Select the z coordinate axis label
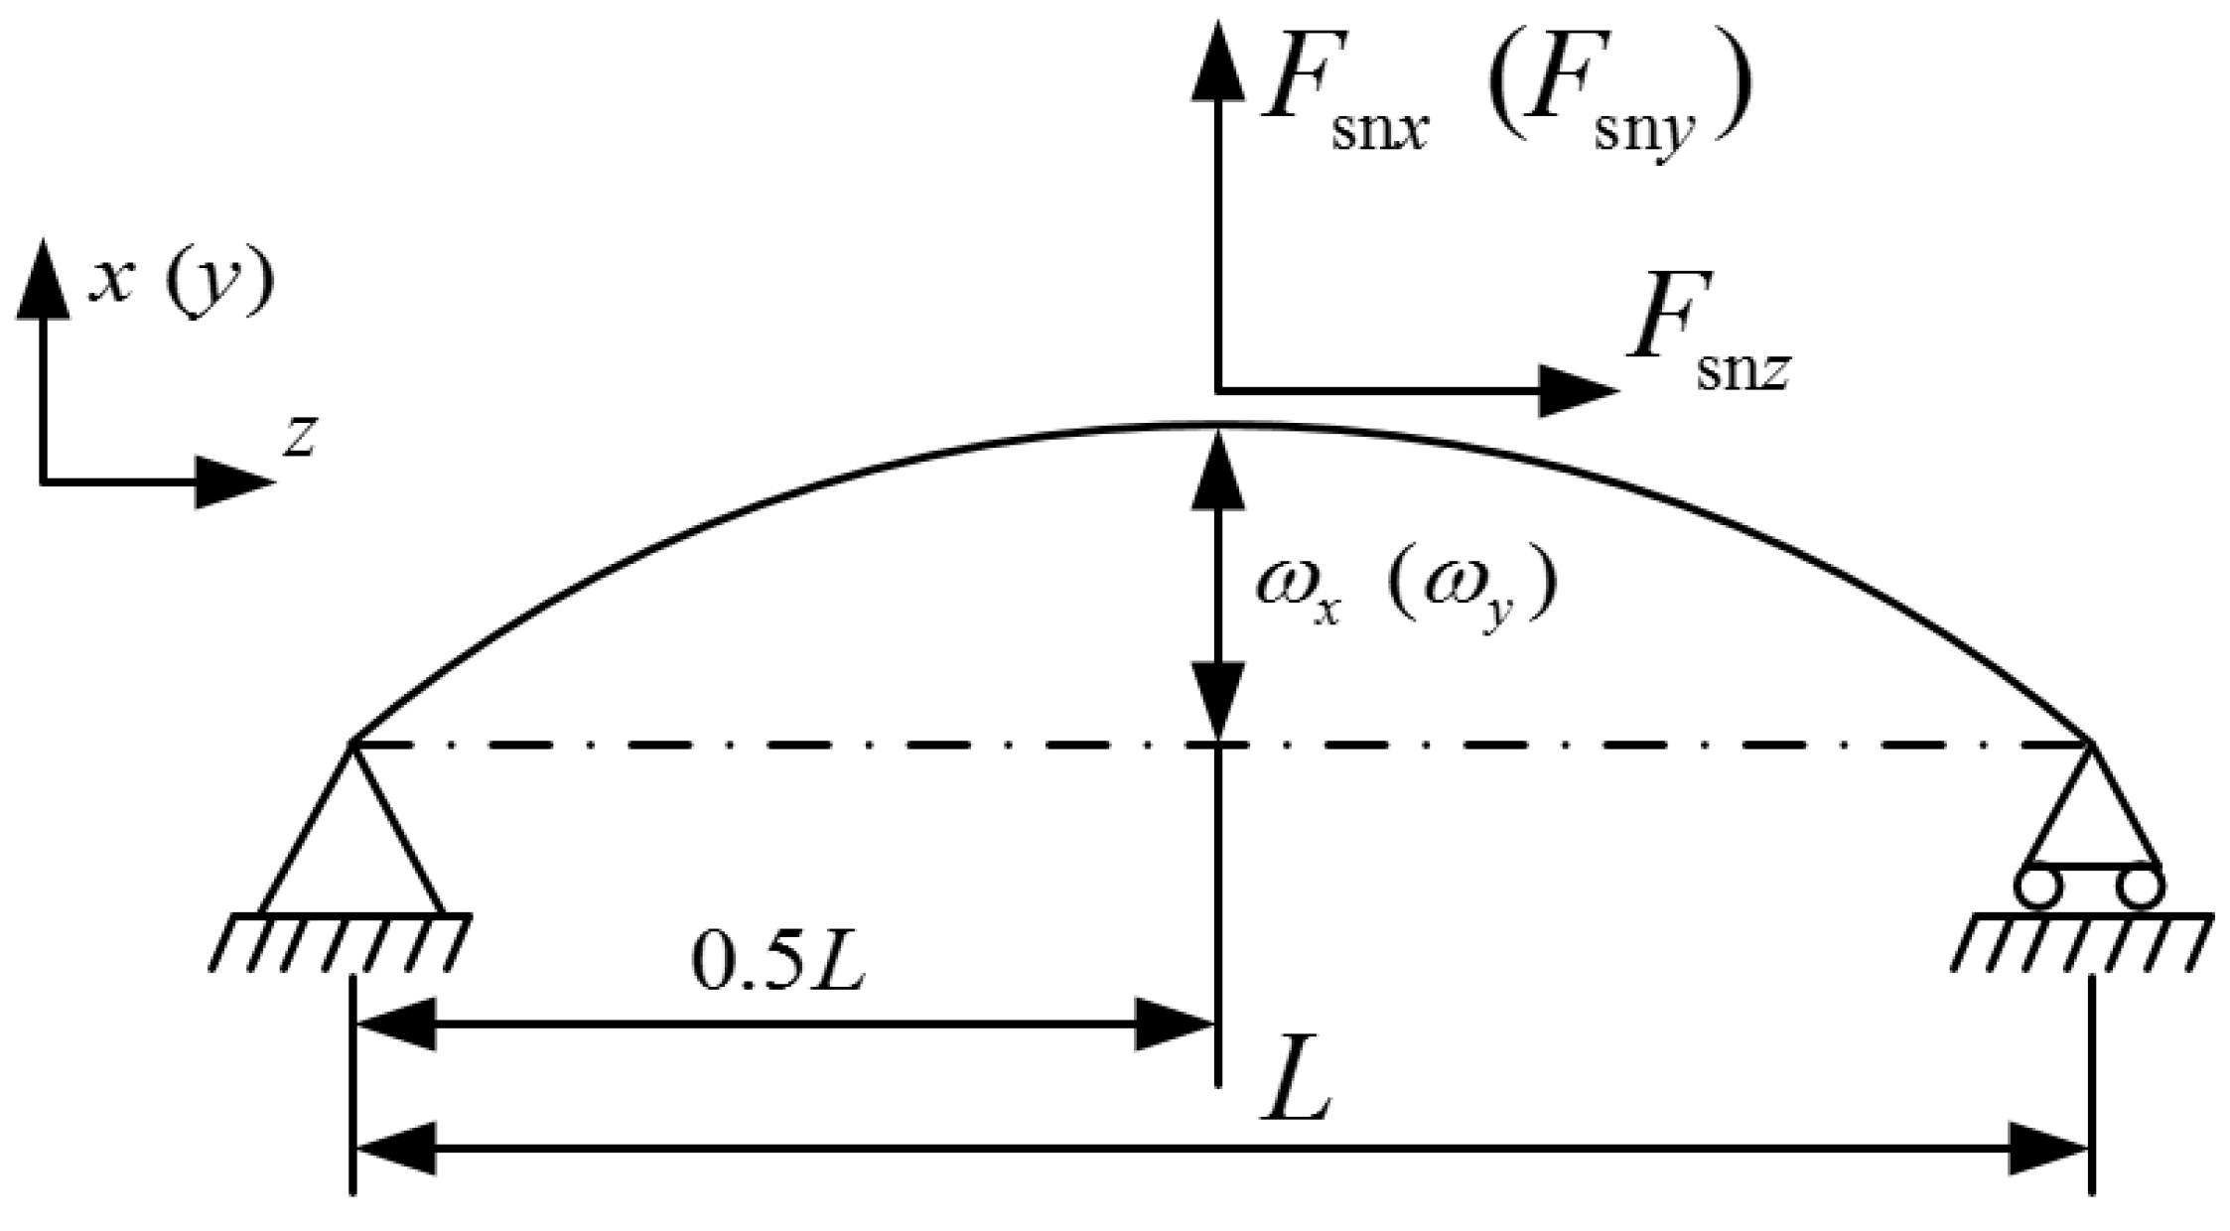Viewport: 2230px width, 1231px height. point(299,437)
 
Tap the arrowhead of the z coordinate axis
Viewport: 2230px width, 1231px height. point(234,483)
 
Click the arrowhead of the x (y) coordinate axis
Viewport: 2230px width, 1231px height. point(43,278)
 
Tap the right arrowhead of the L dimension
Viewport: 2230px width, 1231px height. point(2049,1150)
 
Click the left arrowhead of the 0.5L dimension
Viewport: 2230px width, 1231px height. point(395,1025)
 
